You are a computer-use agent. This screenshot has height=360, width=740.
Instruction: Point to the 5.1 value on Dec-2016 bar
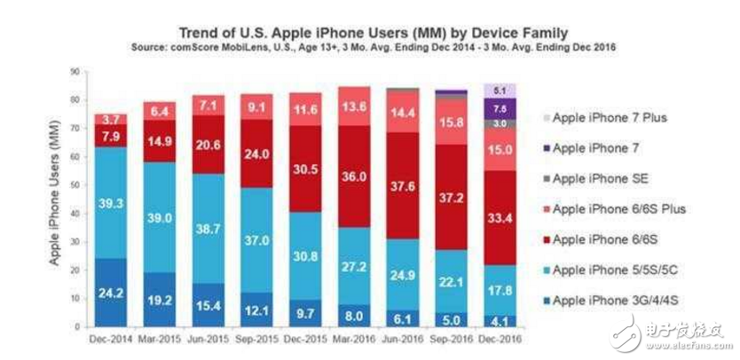(x=499, y=90)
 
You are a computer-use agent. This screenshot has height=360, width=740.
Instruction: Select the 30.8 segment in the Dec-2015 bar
(x=304, y=255)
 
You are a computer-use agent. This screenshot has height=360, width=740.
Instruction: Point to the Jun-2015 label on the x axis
(x=209, y=338)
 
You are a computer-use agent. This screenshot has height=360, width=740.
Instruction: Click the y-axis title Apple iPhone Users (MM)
(x=56, y=199)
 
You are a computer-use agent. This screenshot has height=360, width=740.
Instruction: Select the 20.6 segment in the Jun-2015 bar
(x=209, y=144)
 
